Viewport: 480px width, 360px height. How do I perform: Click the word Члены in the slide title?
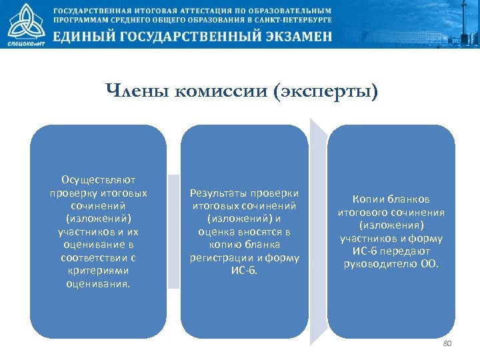click(137, 91)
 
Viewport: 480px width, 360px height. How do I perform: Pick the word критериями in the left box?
click(99, 270)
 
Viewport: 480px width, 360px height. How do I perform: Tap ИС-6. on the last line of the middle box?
click(244, 271)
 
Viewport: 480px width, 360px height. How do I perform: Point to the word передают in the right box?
click(407, 251)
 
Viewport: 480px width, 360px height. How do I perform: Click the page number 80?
click(447, 343)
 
